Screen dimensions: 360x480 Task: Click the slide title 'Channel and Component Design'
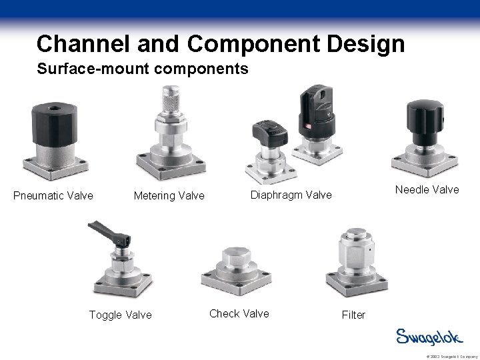tap(221, 43)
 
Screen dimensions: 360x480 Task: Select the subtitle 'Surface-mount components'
tap(143, 69)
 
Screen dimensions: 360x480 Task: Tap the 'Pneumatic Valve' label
tap(53, 195)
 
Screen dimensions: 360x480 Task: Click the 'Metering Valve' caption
tap(169, 195)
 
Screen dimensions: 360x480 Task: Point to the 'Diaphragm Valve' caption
tap(291, 195)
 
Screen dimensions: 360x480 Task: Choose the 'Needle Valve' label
tap(427, 189)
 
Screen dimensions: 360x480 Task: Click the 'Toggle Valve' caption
tap(120, 314)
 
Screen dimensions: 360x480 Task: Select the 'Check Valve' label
tap(239, 313)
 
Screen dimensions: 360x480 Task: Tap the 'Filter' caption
tap(353, 314)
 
